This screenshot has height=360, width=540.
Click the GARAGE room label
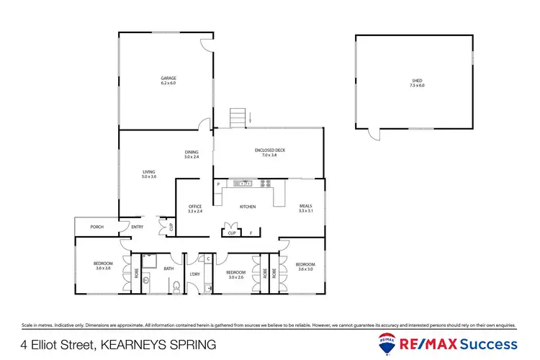pyautogui.click(x=168, y=78)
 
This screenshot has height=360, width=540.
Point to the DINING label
pyautogui.click(x=191, y=152)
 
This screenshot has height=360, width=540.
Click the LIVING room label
pyautogui.click(x=149, y=171)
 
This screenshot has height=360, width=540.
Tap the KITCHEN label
pyautogui.click(x=248, y=207)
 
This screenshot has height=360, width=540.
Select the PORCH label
pyautogui.click(x=97, y=228)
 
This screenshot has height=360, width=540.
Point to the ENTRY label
pyautogui.click(x=138, y=228)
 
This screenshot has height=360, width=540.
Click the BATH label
pyautogui.click(x=168, y=269)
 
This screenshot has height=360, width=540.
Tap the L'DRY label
pyautogui.click(x=194, y=274)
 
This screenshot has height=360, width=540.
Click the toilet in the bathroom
pyautogui.click(x=176, y=287)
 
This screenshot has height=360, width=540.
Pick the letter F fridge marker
pyautogui.click(x=251, y=233)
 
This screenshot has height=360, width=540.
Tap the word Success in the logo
pyautogui.click(x=491, y=343)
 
